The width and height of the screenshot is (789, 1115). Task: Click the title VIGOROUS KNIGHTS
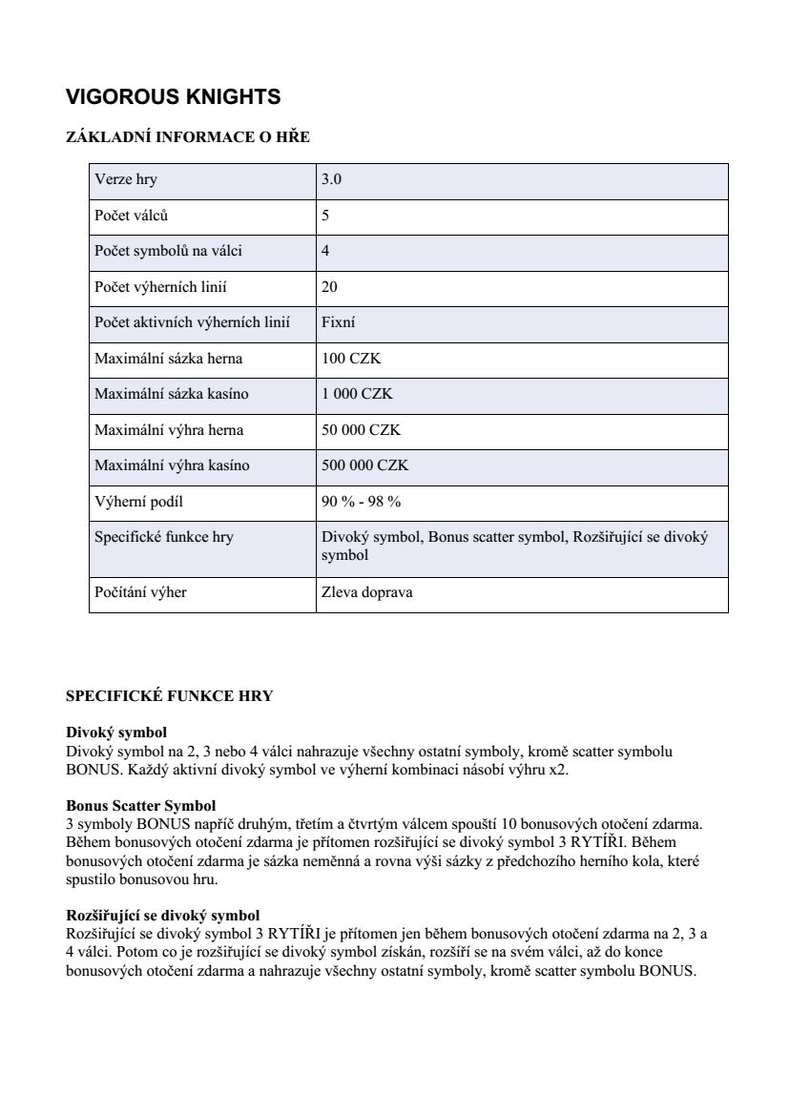click(173, 97)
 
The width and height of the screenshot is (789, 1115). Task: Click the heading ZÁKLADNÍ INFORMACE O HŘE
click(188, 137)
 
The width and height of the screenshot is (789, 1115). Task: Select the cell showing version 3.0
click(332, 179)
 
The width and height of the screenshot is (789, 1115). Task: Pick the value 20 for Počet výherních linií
click(329, 287)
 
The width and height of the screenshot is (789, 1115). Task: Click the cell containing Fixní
click(339, 323)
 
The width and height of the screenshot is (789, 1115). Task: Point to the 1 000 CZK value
click(357, 394)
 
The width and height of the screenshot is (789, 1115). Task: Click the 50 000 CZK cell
click(361, 430)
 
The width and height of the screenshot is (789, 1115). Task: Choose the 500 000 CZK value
click(364, 465)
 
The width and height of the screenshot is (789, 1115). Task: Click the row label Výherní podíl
click(138, 502)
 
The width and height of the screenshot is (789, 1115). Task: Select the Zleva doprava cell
click(367, 592)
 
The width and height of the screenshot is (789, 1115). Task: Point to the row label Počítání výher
click(140, 592)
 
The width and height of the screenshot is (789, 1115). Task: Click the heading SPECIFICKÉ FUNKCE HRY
click(169, 696)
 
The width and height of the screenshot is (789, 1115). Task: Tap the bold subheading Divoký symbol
click(116, 733)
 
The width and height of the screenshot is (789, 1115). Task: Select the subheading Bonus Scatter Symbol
click(140, 806)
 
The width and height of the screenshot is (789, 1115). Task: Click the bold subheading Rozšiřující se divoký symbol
click(162, 915)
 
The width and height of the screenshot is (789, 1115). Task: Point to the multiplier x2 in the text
click(557, 769)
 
